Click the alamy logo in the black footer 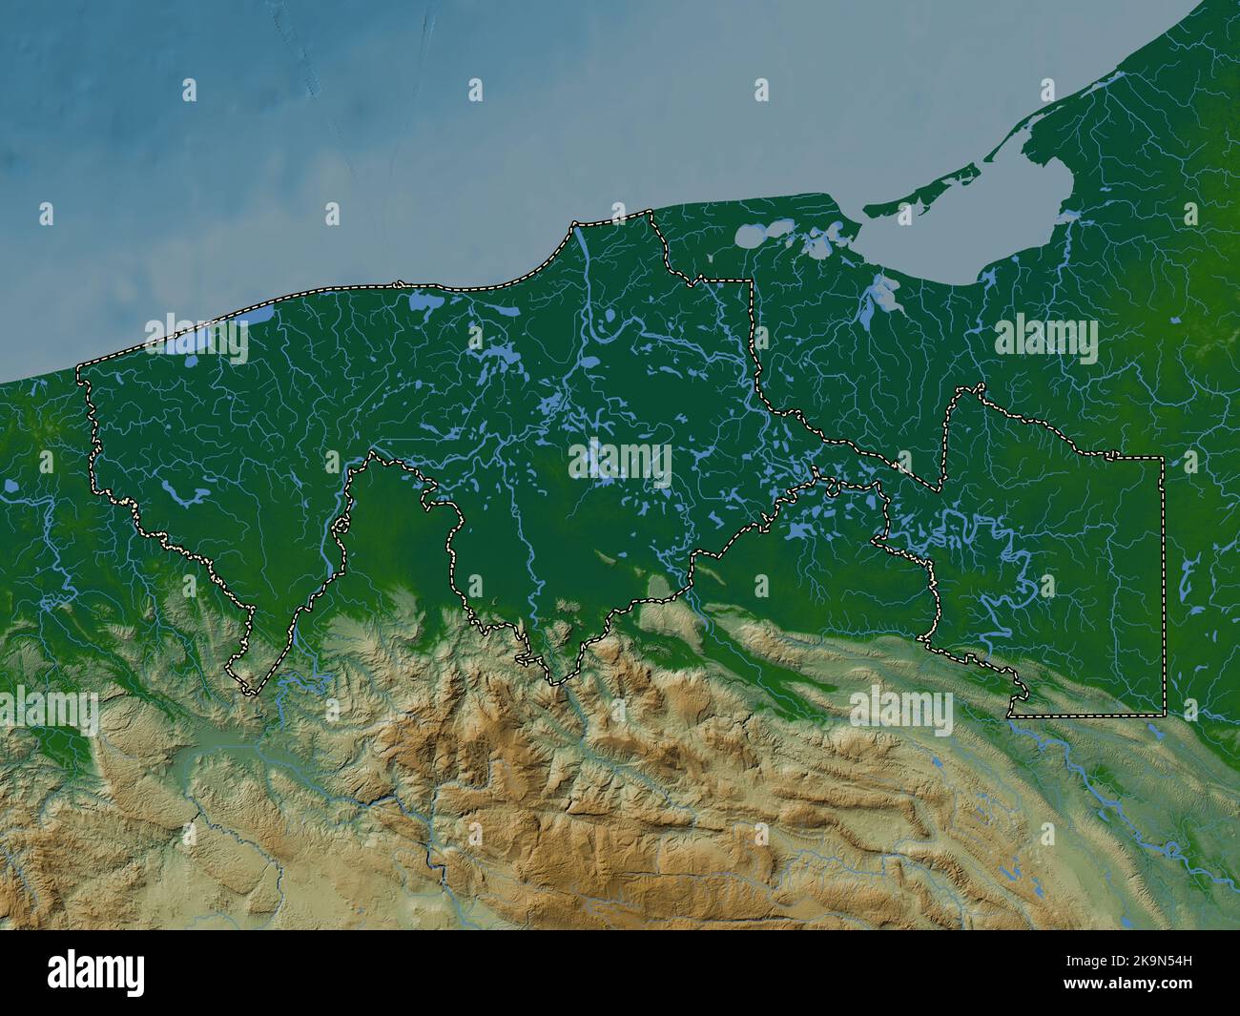click(x=96, y=971)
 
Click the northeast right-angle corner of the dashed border click(x=1162, y=459)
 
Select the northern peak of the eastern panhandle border click(x=978, y=387)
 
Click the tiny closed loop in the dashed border click(x=836, y=487)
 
